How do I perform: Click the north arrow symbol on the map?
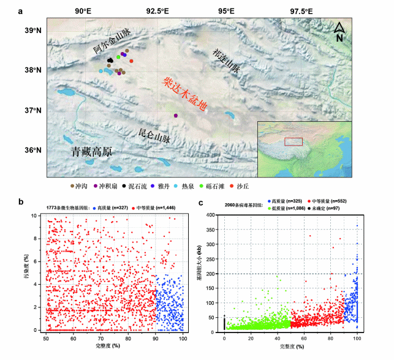click(339, 31)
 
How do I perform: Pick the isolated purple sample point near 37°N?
click(176, 115)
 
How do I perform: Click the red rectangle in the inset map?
click(294, 141)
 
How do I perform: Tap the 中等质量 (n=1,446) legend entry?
click(154, 208)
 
